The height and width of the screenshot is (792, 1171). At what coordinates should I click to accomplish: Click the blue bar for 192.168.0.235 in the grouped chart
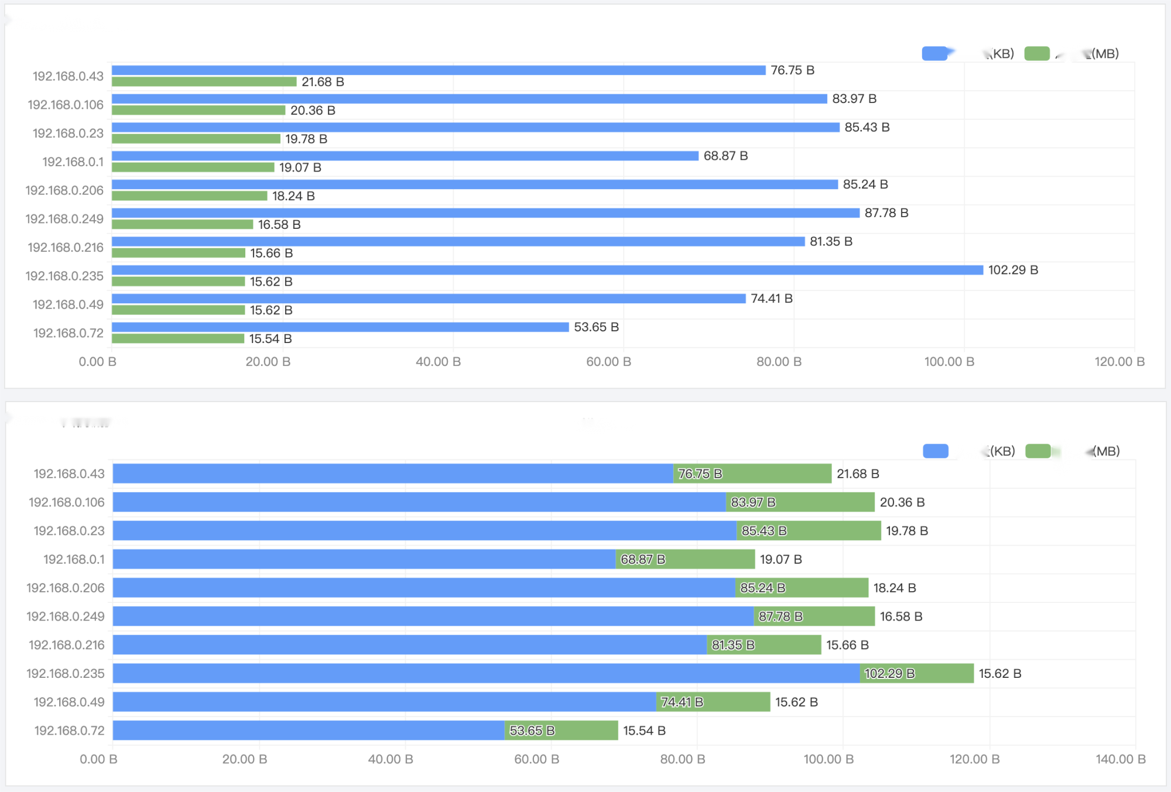click(x=547, y=270)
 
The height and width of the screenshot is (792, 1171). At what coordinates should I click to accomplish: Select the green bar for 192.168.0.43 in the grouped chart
click(x=204, y=82)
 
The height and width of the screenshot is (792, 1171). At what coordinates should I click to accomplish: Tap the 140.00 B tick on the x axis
click(x=1120, y=759)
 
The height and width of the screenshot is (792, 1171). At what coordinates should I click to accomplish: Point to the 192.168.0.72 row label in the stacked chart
click(x=69, y=731)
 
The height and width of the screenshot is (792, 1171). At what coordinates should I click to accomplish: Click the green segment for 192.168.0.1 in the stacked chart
click(x=685, y=559)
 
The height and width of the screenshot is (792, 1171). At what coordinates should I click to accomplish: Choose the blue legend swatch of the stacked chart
click(x=935, y=451)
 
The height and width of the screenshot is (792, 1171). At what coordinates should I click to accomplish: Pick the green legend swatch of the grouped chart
click(x=1037, y=54)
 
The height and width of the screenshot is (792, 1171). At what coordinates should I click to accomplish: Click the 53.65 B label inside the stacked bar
click(x=532, y=731)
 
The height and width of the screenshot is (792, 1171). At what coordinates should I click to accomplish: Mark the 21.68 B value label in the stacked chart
click(x=858, y=474)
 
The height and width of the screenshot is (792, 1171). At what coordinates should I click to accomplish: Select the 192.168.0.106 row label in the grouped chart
click(x=66, y=105)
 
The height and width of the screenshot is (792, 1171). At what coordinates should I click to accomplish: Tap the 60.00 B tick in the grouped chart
click(x=608, y=362)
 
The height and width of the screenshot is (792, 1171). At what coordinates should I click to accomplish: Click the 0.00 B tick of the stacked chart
click(x=98, y=759)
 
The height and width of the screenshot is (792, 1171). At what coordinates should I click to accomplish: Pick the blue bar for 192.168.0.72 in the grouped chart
click(x=340, y=327)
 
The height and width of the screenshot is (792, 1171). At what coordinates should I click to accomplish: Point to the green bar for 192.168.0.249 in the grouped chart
click(x=182, y=225)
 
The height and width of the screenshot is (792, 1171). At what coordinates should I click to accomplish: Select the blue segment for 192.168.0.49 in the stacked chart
click(x=384, y=702)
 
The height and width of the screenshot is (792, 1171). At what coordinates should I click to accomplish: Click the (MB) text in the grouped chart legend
click(x=1105, y=54)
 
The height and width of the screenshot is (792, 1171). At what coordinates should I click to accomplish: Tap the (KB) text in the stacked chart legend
click(x=1002, y=451)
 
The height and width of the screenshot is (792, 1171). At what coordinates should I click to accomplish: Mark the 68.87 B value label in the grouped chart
click(x=725, y=156)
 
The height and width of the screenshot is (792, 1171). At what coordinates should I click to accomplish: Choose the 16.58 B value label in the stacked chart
click(x=900, y=616)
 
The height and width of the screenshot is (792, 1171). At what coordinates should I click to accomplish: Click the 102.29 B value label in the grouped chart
click(x=1013, y=270)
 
